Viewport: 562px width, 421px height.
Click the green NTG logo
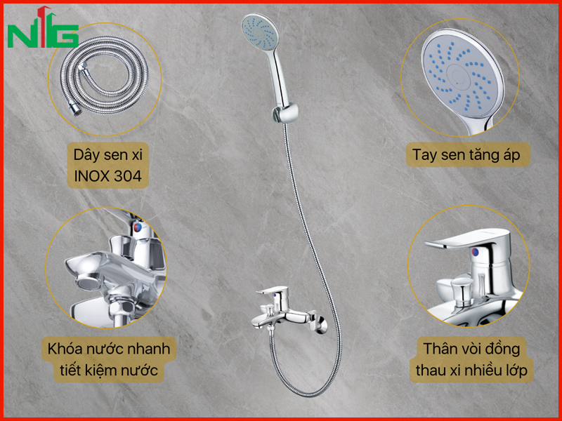coord(43,27)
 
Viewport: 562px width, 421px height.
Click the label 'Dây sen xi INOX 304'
coord(108,166)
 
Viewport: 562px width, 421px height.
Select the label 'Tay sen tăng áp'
coord(467,154)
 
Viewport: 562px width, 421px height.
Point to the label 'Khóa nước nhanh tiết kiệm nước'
coord(109,359)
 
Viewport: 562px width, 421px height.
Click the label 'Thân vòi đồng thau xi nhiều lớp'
coord(471,359)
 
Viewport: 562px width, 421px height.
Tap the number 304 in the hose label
coord(128,176)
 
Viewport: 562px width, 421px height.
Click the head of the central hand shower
coord(260,32)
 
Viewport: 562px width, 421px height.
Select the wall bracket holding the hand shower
coord(285,113)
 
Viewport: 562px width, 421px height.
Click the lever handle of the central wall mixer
coord(273,290)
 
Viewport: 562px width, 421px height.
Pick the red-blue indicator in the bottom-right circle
coord(476,252)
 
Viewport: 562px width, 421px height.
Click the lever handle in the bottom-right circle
coord(466,239)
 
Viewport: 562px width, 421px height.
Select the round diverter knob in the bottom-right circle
coord(462,286)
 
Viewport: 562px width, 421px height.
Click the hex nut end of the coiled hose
coord(75,109)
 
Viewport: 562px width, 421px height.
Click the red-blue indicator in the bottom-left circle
coord(138,227)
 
